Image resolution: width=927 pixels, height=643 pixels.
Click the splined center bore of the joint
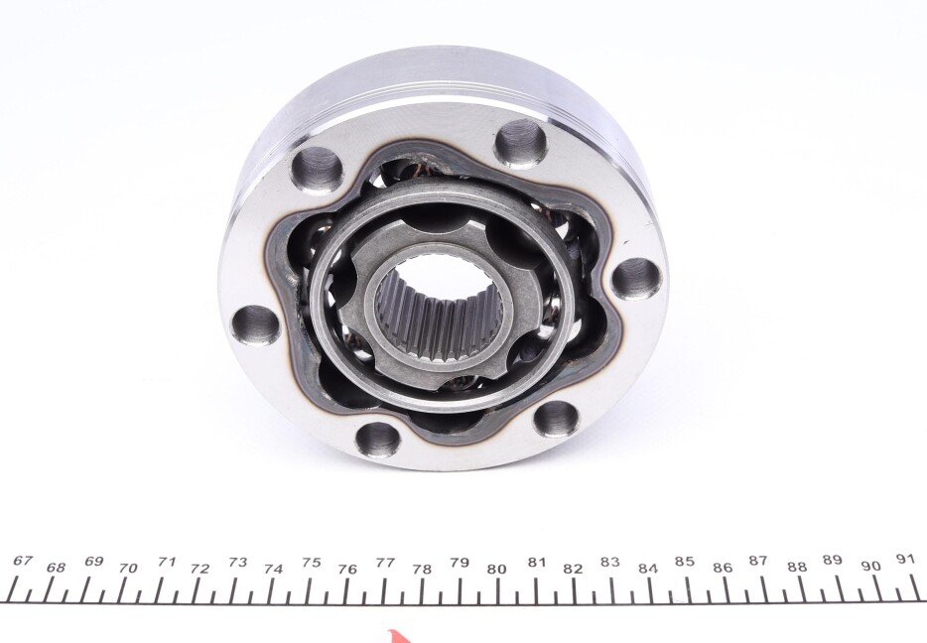coord(438,312)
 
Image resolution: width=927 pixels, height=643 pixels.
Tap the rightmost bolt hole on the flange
coord(635,279)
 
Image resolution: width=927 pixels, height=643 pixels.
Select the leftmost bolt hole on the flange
coord(255,324)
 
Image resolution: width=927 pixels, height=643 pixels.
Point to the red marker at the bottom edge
coord(396,637)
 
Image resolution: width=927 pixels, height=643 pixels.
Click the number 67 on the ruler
coord(22,561)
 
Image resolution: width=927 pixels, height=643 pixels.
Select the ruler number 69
coord(94,561)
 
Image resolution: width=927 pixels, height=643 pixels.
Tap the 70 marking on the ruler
coord(128,568)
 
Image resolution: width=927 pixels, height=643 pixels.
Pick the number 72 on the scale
coord(200,569)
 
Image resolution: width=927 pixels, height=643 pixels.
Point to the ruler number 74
coord(274,570)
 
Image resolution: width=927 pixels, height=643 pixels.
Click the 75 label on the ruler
coord(311,562)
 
